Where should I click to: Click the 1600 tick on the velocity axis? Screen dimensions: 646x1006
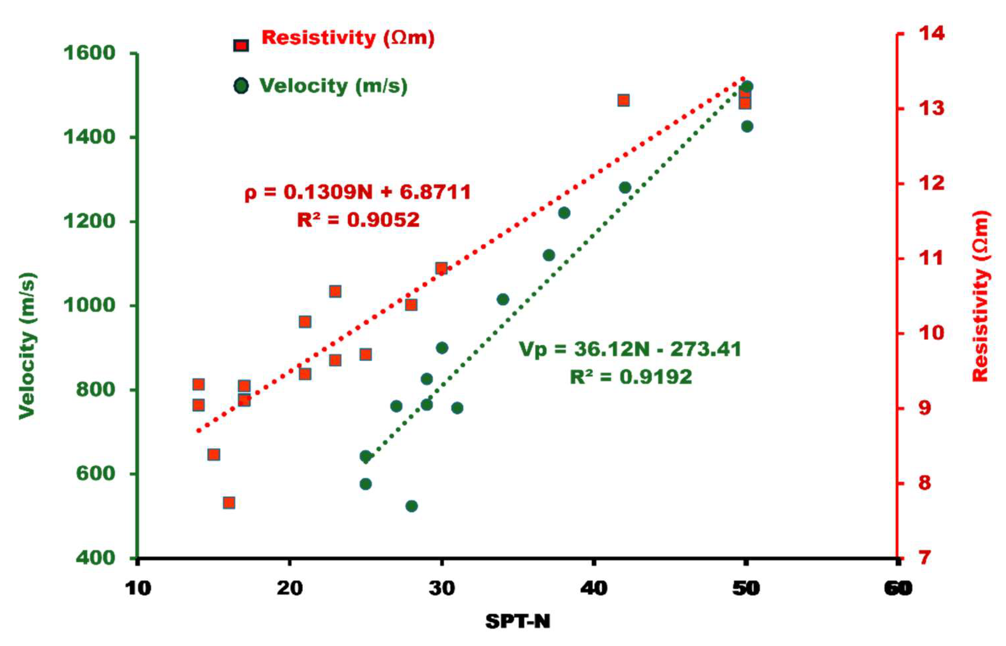(89, 53)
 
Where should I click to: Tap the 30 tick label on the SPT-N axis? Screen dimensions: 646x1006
(442, 589)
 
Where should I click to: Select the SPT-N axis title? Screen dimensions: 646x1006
(517, 621)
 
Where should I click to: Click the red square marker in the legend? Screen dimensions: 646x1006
(241, 45)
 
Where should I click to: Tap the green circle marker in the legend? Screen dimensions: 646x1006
(241, 86)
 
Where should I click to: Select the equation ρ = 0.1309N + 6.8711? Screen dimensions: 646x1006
(358, 192)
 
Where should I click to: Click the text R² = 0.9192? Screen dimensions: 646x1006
(630, 376)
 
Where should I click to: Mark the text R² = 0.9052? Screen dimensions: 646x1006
(358, 220)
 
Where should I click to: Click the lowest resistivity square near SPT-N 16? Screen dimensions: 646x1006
(229, 503)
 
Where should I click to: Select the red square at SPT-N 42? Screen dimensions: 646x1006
(624, 100)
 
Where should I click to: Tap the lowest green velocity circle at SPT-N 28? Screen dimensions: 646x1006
(411, 506)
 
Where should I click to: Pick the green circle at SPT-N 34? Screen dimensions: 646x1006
(502, 300)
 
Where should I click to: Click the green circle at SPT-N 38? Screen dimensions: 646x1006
(564, 213)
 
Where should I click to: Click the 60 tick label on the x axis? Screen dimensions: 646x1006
(898, 589)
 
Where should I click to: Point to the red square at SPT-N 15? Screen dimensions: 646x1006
(214, 455)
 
